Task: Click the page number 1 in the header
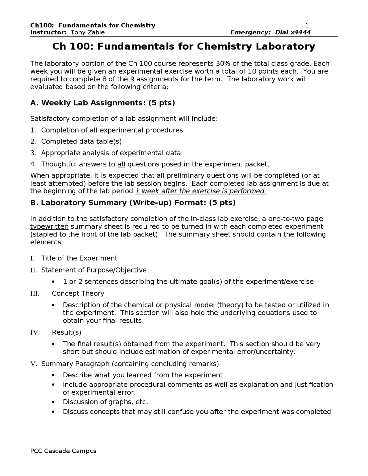[307, 25]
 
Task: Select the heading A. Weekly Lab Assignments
[102, 103]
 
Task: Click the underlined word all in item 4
[121, 164]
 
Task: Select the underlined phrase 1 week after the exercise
[200, 191]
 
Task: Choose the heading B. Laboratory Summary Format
[133, 203]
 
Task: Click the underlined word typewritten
[49, 227]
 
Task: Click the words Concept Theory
[78, 293]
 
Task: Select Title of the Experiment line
[79, 258]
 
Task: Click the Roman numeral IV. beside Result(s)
[35, 333]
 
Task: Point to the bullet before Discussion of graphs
[53, 402]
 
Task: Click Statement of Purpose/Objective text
[94, 270]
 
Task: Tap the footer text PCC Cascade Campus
[63, 451]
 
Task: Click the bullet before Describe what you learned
[53, 375]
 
